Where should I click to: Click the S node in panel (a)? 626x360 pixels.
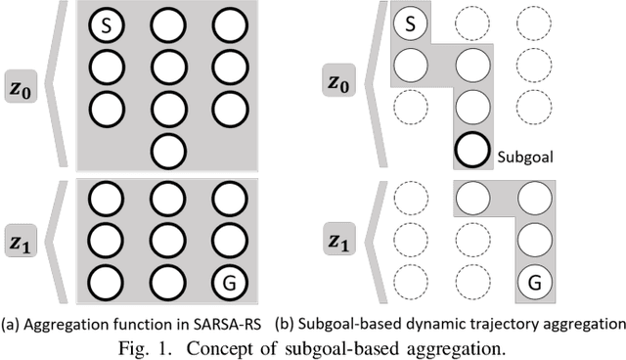(105, 24)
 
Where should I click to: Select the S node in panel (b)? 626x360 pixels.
(410, 24)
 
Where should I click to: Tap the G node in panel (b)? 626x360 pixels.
(535, 283)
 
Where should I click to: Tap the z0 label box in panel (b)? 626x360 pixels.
(339, 84)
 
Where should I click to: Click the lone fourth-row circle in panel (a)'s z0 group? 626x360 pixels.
(167, 151)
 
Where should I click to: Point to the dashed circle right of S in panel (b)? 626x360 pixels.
(473, 24)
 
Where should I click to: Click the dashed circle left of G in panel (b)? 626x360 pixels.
(473, 283)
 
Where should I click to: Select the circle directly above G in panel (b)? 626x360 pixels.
(535, 241)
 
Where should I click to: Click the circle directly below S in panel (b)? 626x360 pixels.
(410, 67)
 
